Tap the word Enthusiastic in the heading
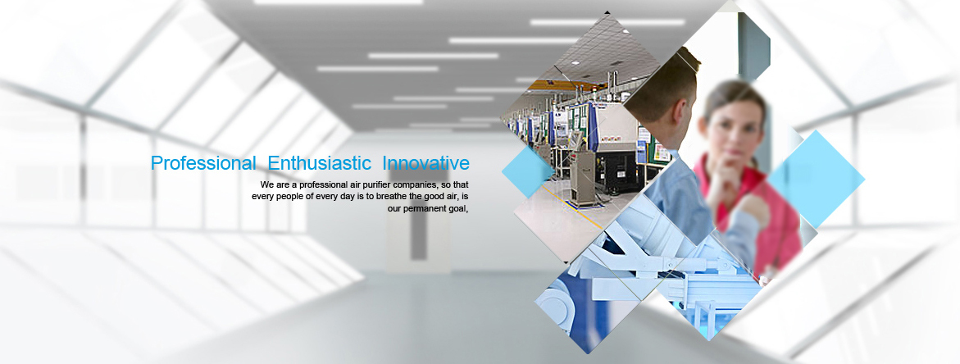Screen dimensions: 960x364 pos(320,163)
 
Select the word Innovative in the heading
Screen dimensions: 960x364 pos(426,163)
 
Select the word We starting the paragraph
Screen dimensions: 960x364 pos(266,184)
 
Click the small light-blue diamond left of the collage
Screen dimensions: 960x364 pos(528,172)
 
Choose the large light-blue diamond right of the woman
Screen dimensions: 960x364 pos(816,179)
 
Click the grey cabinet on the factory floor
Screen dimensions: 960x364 pos(581,178)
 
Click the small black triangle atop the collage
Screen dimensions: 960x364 pos(607,11)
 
